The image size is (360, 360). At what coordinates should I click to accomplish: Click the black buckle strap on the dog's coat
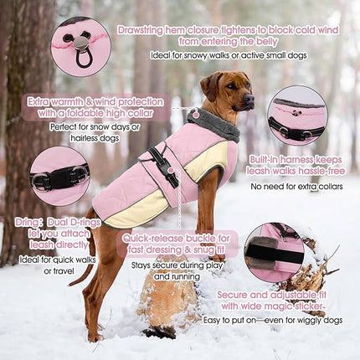click(x=166, y=166)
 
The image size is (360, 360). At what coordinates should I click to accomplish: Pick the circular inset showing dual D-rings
click(x=59, y=177)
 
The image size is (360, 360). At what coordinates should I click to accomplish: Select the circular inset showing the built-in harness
click(x=296, y=116)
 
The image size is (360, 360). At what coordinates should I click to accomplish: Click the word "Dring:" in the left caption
click(x=30, y=224)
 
